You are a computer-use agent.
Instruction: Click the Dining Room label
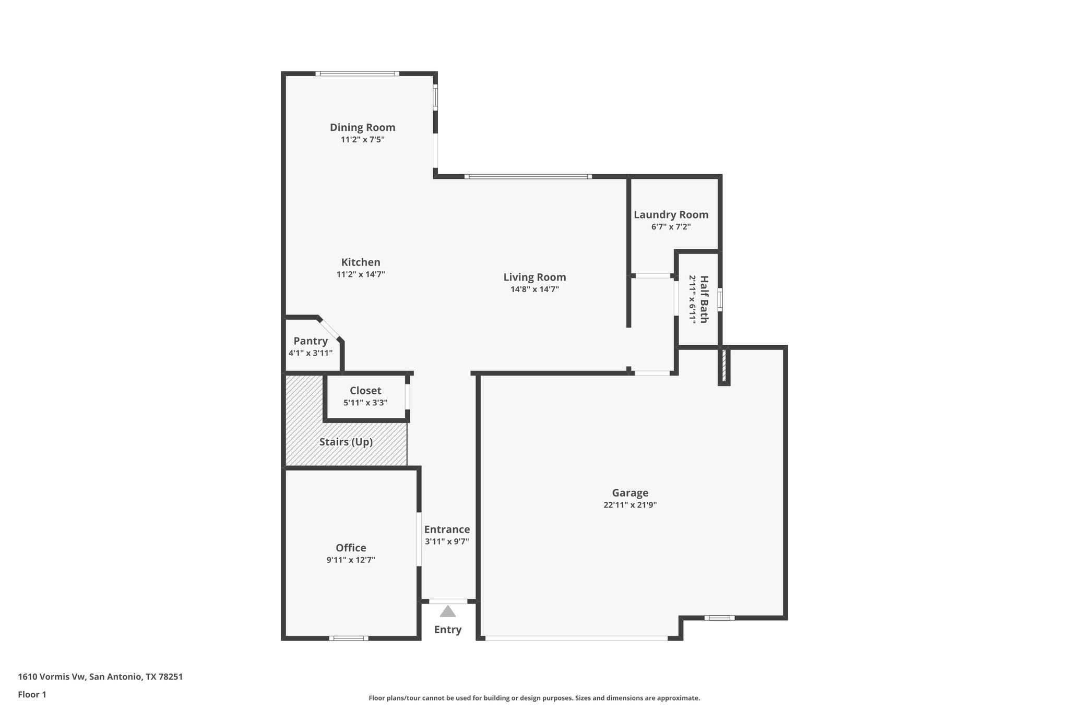coord(362,127)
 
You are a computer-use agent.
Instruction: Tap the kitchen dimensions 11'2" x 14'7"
coord(361,274)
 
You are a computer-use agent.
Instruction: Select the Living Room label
coord(534,277)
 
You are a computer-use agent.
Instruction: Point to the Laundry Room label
coord(671,214)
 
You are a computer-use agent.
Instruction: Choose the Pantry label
coord(311,341)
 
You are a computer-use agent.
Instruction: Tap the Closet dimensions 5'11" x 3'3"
coord(365,403)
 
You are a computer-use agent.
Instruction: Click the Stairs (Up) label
coord(346,442)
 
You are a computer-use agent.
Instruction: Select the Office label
coord(351,548)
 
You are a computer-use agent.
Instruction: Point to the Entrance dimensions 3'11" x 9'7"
coord(447,541)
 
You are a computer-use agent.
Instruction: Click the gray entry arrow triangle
coord(447,611)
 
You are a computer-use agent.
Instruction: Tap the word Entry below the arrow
coord(447,630)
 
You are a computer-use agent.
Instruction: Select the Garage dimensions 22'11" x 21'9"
coord(630,505)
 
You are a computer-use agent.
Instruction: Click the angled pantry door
coord(330,329)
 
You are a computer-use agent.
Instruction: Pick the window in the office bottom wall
coord(349,638)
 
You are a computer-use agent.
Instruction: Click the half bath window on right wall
coord(720,300)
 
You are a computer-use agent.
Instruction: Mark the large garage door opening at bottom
coord(576,638)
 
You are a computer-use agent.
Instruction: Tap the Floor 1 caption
coord(32,695)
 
